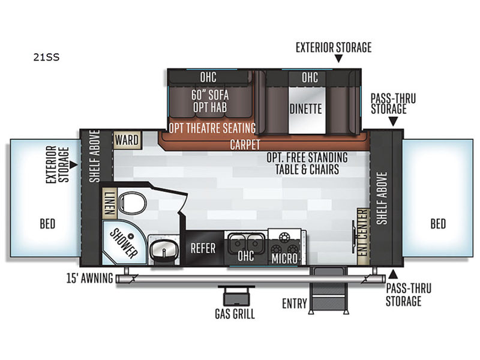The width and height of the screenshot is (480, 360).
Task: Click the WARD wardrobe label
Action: [x=127, y=140]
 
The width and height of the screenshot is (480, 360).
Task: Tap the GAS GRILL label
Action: [x=235, y=314]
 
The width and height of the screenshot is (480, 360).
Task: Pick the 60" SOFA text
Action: [x=211, y=95]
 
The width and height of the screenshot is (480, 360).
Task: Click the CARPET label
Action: [x=245, y=145]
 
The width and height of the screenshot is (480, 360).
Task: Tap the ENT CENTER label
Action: [x=362, y=235]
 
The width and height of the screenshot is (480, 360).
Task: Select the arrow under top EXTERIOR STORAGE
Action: [x=338, y=59]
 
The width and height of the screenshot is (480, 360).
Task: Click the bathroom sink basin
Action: [x=160, y=249]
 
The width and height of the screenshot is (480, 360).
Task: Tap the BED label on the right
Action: [x=438, y=224]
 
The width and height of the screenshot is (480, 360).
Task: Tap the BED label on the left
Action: [x=47, y=224]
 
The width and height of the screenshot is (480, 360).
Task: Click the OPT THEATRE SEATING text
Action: [x=212, y=127]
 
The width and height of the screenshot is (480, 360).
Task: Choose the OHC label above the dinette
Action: [x=310, y=77]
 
